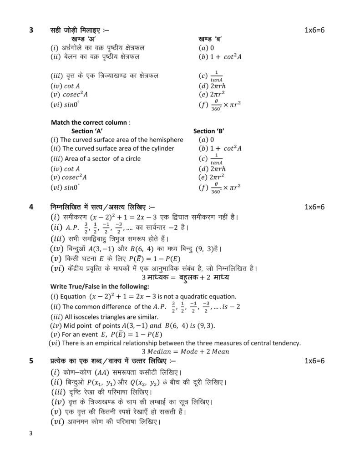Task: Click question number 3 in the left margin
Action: pos(31,30)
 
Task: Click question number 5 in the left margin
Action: pos(31,361)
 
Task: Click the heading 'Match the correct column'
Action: pos(91,122)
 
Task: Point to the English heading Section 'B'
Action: pos(209,131)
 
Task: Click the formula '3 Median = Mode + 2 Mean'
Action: pos(185,351)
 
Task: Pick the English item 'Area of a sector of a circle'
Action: pos(96,159)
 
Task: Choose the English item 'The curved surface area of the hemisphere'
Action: pos(117,140)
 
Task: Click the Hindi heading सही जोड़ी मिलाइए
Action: pos(80,30)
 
